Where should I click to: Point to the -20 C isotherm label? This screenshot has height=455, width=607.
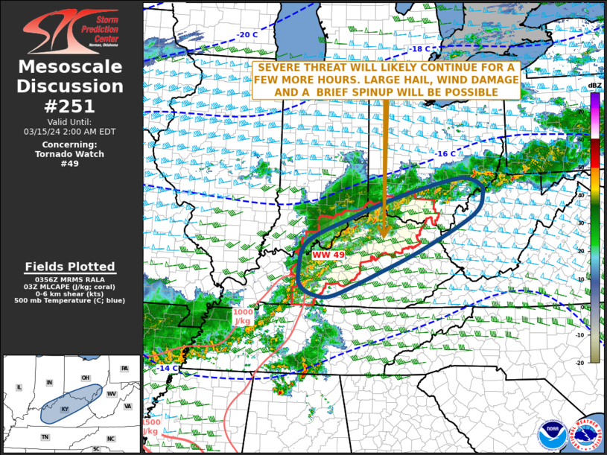click(x=248, y=35)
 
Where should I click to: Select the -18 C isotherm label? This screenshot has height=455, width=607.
click(x=419, y=49)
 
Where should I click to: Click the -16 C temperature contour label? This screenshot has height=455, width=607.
click(x=445, y=153)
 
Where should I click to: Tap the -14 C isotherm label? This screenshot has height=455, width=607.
click(x=168, y=368)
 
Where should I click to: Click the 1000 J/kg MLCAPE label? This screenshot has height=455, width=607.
click(x=243, y=316)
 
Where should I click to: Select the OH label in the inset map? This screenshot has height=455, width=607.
click(x=86, y=378)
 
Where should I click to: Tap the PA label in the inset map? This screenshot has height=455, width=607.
click(x=124, y=369)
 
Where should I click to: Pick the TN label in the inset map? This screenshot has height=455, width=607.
click(x=45, y=437)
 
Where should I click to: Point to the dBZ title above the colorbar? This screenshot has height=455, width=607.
click(x=594, y=86)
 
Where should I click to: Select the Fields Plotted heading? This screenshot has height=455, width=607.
click(x=70, y=267)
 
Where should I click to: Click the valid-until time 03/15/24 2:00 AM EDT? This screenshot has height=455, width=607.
click(x=70, y=131)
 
